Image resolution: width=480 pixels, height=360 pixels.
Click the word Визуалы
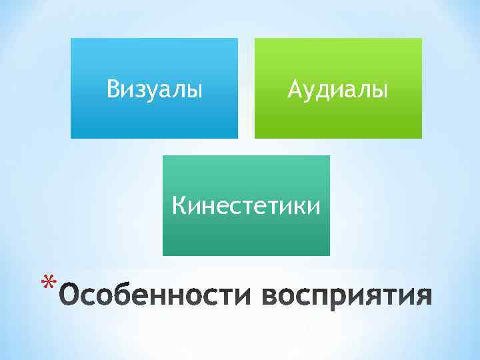pos(154,88)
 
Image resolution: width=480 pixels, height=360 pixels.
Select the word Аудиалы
pos(337,88)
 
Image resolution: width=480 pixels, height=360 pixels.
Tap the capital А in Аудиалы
pos(295,88)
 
